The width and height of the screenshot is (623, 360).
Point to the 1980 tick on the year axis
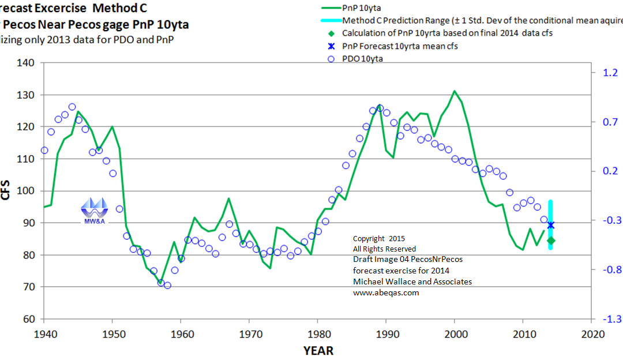(317, 333)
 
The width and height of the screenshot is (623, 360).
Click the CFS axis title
(6, 190)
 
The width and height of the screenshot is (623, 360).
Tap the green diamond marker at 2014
(550, 240)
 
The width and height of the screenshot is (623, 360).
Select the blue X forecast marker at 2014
(550, 225)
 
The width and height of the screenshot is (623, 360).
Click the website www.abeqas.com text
(386, 292)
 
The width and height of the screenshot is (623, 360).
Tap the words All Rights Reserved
(384, 249)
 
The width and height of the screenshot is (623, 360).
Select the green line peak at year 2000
(455, 91)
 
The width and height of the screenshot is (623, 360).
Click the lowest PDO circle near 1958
(167, 285)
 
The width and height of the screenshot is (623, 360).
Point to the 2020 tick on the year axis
(591, 333)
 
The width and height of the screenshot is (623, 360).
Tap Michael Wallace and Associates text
(412, 282)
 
